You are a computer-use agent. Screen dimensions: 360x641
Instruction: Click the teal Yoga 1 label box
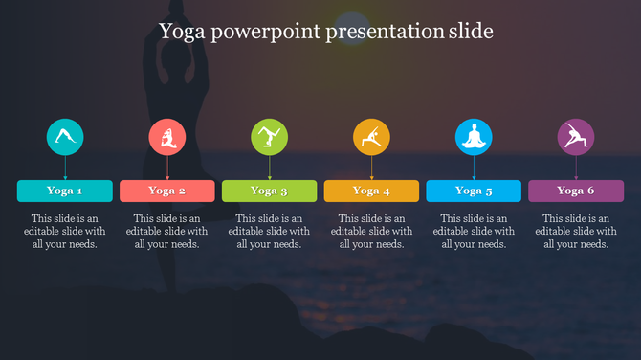(65, 191)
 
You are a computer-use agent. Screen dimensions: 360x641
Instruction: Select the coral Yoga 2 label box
(167, 191)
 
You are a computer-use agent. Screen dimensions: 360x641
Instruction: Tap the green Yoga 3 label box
(270, 191)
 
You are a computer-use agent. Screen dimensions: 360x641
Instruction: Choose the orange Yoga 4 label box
(371, 191)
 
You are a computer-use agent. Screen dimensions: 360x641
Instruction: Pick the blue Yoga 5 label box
(474, 191)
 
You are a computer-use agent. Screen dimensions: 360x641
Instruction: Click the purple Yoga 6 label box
(576, 191)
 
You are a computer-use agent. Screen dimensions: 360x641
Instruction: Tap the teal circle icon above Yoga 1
(65, 137)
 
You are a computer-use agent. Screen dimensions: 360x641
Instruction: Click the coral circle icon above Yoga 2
(167, 137)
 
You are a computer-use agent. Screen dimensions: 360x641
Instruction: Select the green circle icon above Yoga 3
(270, 137)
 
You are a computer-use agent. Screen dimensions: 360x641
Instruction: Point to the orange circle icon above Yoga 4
(371, 137)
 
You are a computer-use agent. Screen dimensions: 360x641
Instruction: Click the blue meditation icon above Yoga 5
(474, 137)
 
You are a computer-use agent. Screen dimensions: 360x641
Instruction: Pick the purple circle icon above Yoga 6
(576, 137)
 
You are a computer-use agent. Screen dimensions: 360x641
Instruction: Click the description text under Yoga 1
(65, 231)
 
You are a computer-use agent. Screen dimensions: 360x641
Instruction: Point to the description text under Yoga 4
(371, 231)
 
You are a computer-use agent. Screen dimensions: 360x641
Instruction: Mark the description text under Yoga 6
(576, 231)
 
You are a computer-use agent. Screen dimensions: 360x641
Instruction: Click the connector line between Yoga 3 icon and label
(270, 168)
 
